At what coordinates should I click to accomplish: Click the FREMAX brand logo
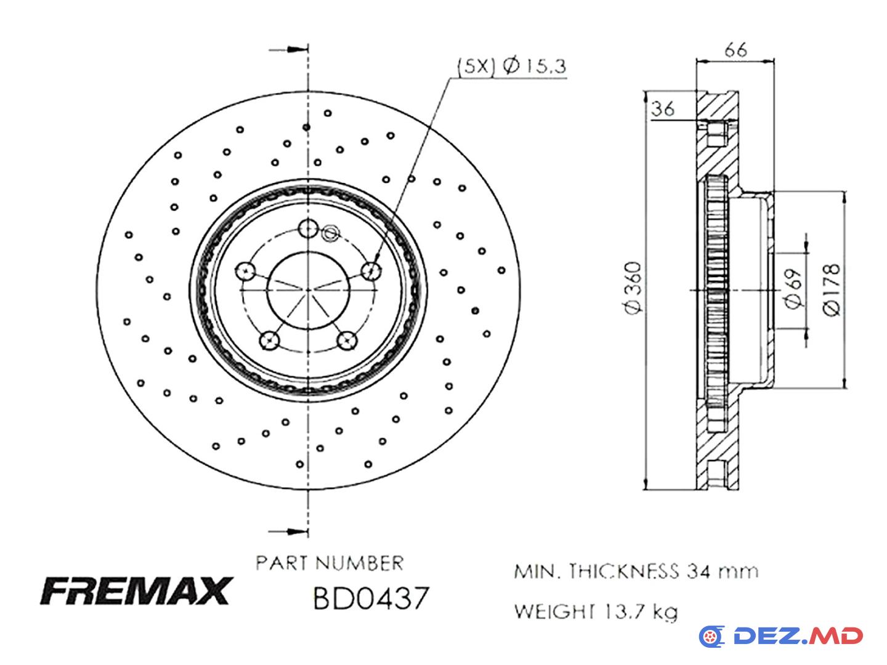coord(136,590)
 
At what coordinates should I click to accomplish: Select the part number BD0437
coord(370,598)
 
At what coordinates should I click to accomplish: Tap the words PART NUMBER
coord(330,563)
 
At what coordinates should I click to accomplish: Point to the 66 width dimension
coord(735,50)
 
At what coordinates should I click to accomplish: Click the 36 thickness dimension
coord(663,109)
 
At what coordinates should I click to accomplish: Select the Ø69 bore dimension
coord(793,288)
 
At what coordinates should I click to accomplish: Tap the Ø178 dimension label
coord(832,290)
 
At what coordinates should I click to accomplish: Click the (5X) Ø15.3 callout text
coord(511,66)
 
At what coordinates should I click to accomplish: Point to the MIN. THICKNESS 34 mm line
coord(636,571)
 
